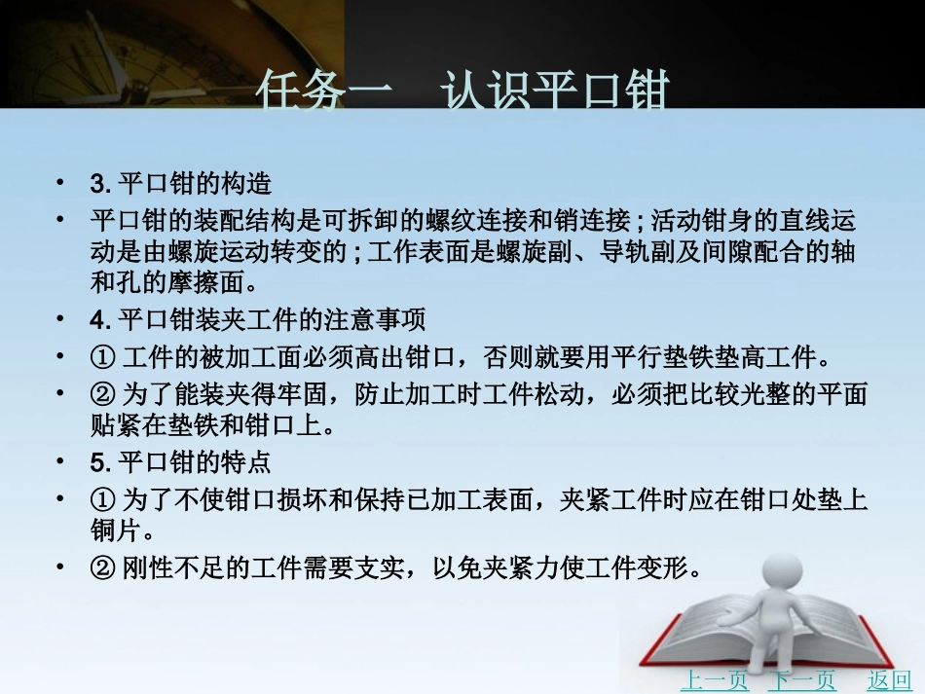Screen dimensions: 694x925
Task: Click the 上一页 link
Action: (715, 679)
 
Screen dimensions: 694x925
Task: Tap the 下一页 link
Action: (801, 679)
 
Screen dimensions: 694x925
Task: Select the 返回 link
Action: (889, 679)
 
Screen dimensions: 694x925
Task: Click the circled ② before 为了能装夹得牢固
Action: (102, 393)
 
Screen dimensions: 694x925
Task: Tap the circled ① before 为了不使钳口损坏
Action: (102, 500)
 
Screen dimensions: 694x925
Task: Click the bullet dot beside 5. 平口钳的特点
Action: (61, 459)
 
